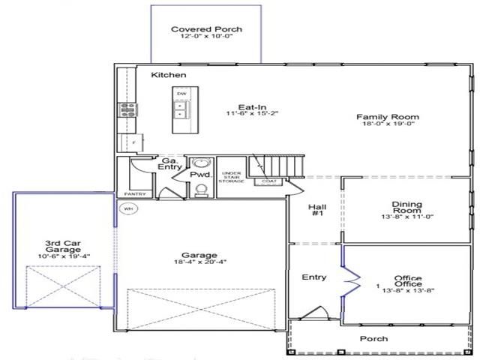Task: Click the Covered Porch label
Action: (x=206, y=30)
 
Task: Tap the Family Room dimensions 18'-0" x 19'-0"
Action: (x=387, y=126)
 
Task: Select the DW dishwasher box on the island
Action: (x=181, y=94)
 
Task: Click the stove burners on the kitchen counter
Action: (x=124, y=110)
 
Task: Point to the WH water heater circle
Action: (x=127, y=208)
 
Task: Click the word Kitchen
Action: (x=169, y=76)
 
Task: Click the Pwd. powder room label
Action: (x=199, y=174)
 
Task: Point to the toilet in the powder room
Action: (x=200, y=190)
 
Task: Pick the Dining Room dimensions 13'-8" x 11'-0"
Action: (x=407, y=217)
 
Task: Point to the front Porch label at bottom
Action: (x=373, y=339)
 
